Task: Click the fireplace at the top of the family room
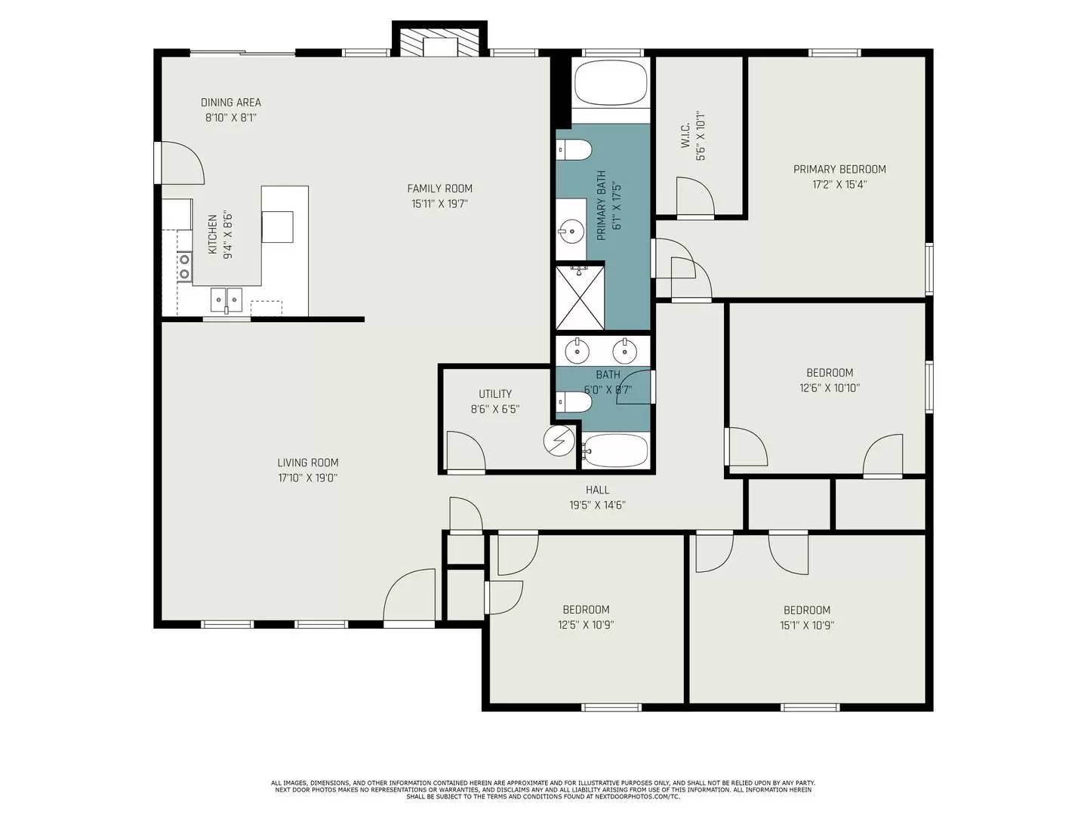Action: (439, 44)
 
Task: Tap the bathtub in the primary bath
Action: (611, 82)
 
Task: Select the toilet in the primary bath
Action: (574, 151)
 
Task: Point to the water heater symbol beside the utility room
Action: (559, 441)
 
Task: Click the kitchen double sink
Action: (226, 300)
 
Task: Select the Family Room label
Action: (439, 189)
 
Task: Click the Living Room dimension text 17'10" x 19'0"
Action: (307, 478)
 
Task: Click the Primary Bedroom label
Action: (839, 169)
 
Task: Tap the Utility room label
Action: (495, 394)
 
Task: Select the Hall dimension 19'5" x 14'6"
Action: (597, 505)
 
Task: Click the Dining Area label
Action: (231, 103)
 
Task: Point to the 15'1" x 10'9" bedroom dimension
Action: (807, 625)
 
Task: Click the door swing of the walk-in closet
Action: (694, 198)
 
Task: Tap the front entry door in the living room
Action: (410, 598)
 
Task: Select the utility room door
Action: (465, 452)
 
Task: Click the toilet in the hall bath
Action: (574, 403)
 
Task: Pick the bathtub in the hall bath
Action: (615, 451)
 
